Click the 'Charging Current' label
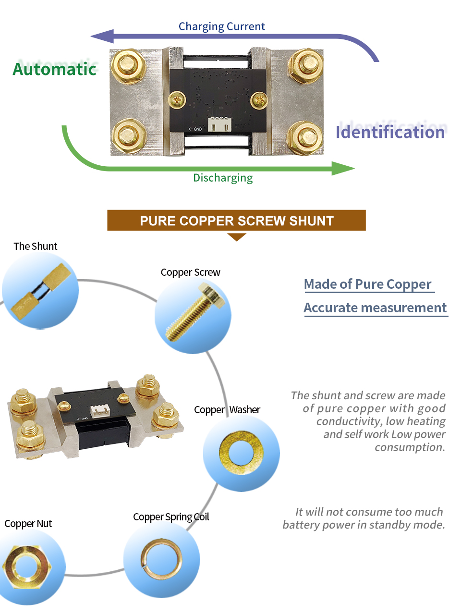(221, 26)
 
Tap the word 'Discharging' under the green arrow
(223, 178)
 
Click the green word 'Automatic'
(55, 69)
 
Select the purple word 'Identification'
(390, 132)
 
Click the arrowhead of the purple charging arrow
(102, 36)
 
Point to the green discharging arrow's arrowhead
(343, 168)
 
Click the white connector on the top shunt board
(219, 124)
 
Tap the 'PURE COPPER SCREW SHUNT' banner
(236, 221)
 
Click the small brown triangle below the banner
(237, 237)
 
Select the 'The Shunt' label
(35, 246)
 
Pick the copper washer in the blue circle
(241, 453)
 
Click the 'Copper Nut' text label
(28, 524)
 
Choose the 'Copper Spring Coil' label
(171, 517)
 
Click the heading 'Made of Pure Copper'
(368, 284)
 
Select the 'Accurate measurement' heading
(375, 307)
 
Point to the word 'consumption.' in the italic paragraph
(410, 447)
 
